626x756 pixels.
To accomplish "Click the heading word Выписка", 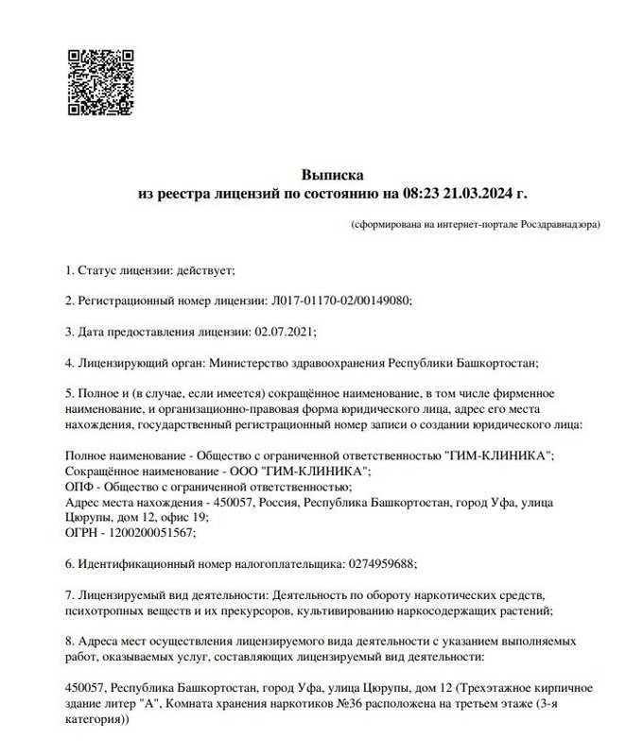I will pyautogui.click(x=332, y=175).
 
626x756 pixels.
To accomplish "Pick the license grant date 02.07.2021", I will pyautogui.click(x=285, y=331).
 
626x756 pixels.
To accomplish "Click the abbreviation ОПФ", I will pyautogui.click(x=81, y=487).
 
